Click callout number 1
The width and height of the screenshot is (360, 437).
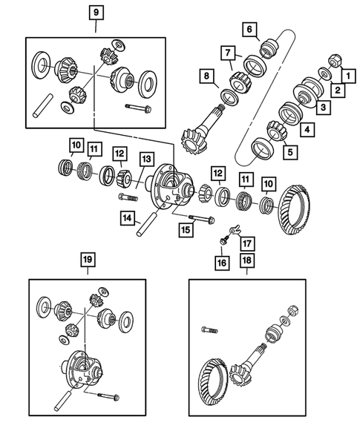(x=346, y=74)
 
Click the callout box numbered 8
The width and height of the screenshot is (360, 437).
(x=251, y=29)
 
